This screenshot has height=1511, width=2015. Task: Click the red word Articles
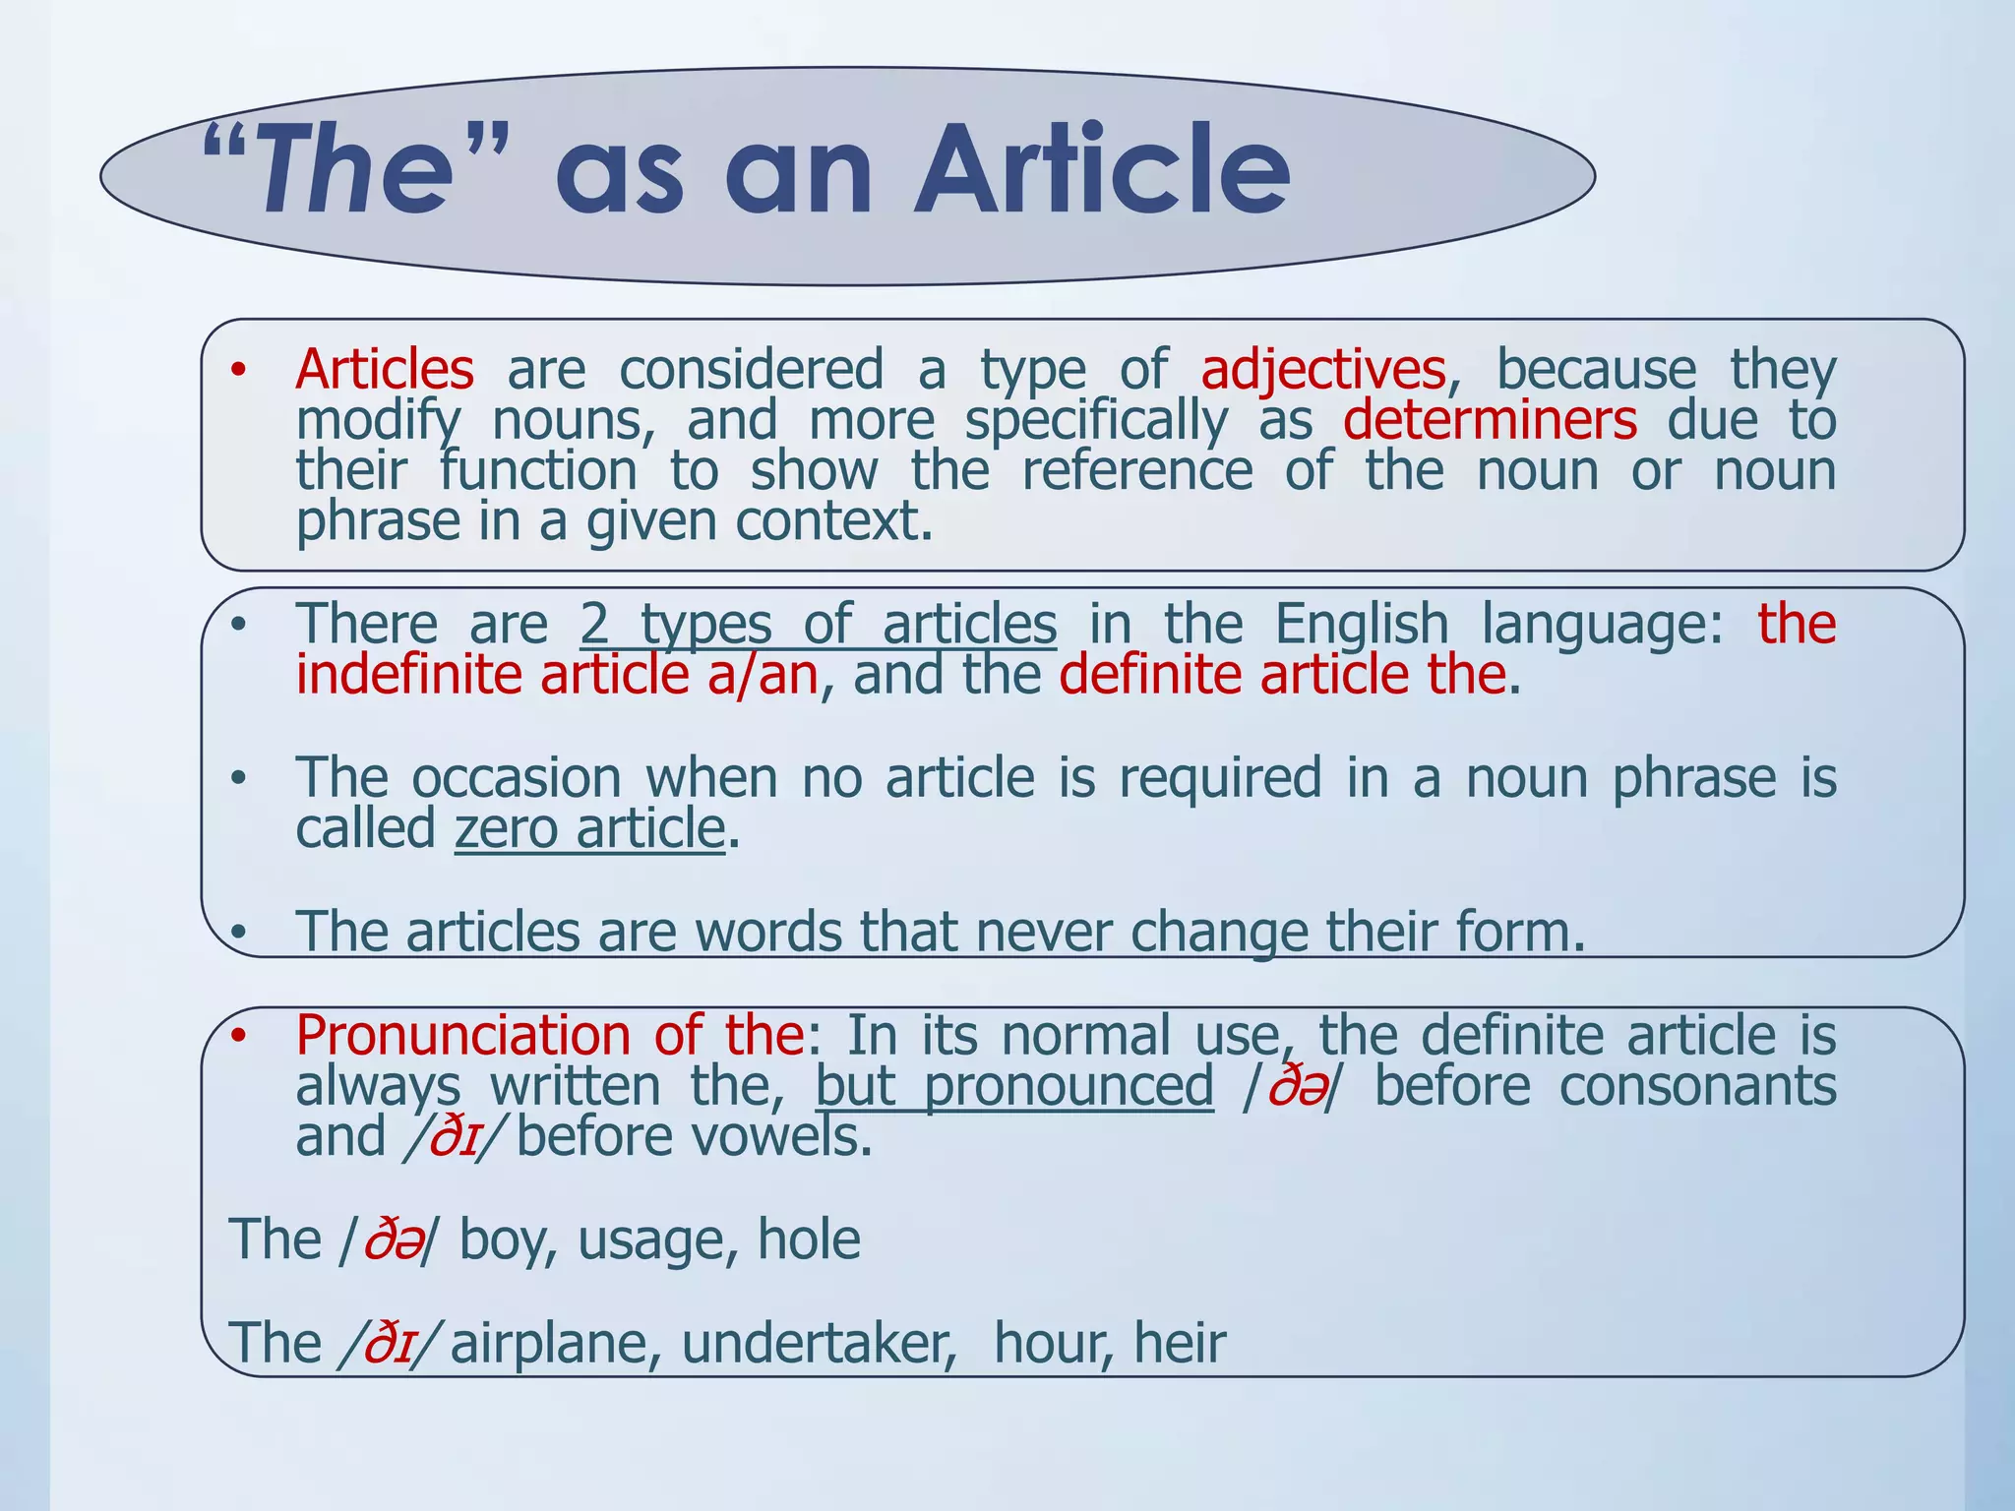[385, 370]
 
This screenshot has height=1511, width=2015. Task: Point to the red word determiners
[1490, 421]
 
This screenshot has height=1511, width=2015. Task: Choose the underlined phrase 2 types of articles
[818, 624]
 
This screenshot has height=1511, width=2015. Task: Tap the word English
[1362, 624]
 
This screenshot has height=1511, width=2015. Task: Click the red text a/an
[763, 675]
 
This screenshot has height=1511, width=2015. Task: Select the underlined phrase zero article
[589, 828]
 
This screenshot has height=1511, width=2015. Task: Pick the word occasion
[517, 778]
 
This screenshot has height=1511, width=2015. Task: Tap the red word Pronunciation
[462, 1036]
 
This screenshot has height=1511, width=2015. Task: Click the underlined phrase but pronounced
[1014, 1086]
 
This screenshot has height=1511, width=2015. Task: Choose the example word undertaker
[819, 1344]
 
